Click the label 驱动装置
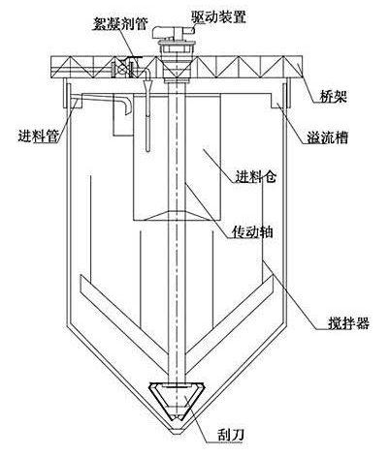coord(218,16)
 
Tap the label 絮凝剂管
coord(120,23)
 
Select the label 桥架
coord(333,96)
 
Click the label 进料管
coord(39,137)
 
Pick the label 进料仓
coord(255,176)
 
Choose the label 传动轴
coord(253,231)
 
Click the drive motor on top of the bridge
coord(174,31)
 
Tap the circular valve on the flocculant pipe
coord(123,69)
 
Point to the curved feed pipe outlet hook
coord(127,106)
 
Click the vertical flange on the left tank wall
coord(65,95)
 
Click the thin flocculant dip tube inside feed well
coord(147,117)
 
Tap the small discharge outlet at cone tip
coord(177,431)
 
